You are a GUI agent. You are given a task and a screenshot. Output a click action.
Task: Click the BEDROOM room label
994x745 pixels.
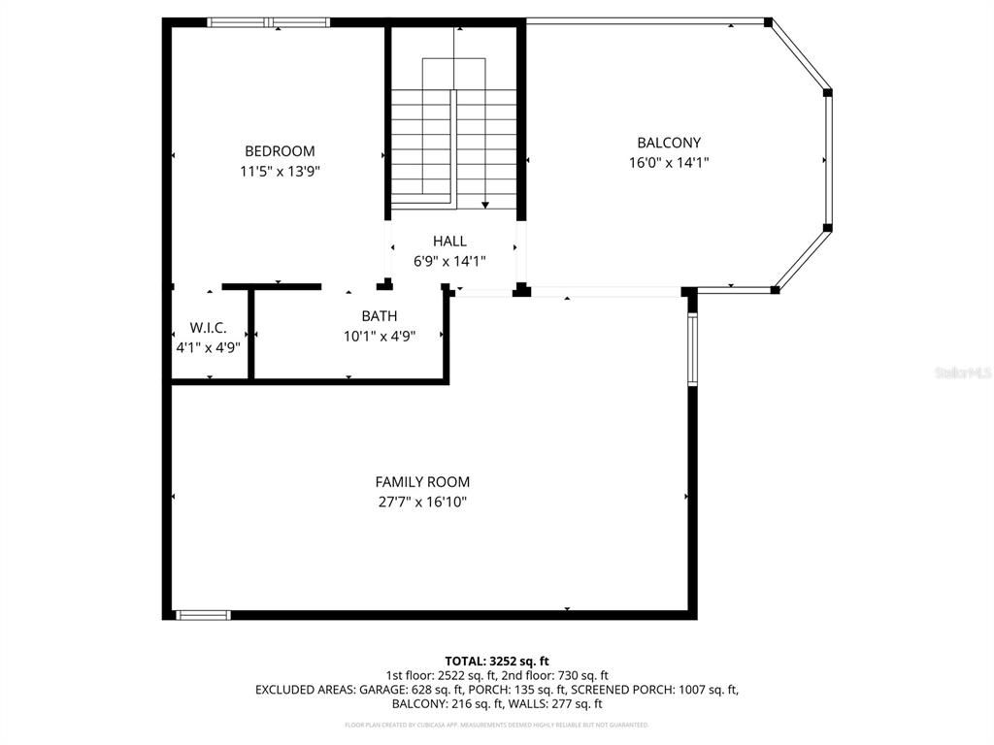(280, 151)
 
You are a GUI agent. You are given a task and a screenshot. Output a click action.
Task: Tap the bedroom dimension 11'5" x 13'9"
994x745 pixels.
(280, 172)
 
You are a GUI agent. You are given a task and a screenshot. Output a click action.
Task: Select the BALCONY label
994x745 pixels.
(669, 143)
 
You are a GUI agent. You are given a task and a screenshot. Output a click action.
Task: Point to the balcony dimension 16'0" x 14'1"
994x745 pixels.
(669, 163)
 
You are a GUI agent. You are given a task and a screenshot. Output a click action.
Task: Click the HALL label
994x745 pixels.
(449, 241)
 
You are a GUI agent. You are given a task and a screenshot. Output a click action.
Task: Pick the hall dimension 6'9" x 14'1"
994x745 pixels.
(449, 261)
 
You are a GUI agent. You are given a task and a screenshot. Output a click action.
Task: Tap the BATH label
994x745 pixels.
(379, 316)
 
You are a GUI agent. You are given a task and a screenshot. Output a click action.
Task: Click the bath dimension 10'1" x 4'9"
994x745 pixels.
(379, 337)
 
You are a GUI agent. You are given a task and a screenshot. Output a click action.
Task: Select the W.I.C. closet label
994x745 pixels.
(208, 328)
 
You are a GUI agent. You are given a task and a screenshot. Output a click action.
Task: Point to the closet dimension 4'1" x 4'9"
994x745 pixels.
(208, 347)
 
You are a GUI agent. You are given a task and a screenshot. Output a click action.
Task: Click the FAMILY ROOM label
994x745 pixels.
(422, 482)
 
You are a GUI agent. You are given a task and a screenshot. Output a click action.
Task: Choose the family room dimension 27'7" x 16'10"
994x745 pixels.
(422, 502)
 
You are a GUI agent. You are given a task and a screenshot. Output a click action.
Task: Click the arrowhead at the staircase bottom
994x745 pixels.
(484, 205)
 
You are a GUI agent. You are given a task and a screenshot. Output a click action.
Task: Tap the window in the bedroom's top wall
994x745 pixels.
(270, 22)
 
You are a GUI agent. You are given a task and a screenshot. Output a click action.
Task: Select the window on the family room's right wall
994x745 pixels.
(692, 350)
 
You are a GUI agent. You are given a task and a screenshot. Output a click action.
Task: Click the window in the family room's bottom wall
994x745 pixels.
(203, 614)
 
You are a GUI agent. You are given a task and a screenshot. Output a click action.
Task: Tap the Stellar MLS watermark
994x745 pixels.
(962, 372)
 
